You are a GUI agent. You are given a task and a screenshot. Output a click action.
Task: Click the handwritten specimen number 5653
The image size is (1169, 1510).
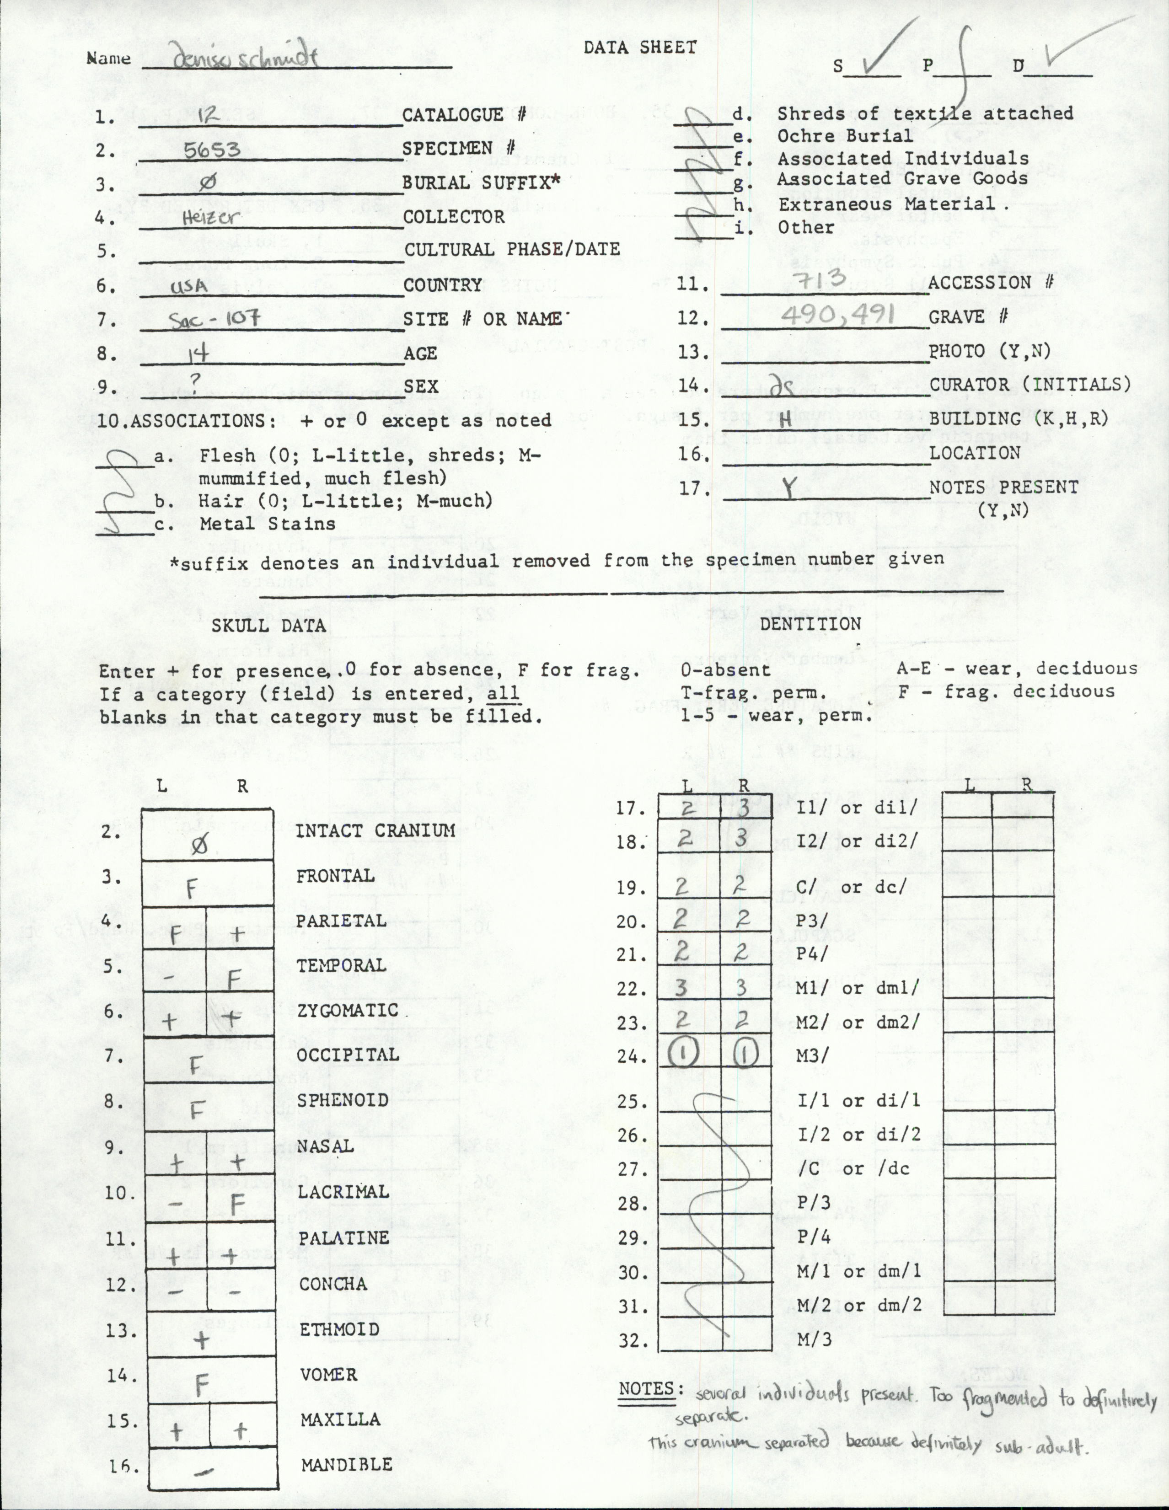coord(212,150)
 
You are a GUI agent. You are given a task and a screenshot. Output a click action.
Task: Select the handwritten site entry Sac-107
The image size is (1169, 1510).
coord(215,319)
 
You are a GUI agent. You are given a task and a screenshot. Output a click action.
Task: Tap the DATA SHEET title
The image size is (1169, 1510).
coord(639,47)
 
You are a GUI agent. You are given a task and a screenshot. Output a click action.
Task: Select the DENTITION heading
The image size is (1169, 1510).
coord(810,624)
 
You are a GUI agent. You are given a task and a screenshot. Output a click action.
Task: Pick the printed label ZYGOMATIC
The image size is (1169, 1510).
coord(348,1010)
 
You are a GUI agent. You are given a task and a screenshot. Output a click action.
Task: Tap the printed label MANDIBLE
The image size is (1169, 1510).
coord(346,1464)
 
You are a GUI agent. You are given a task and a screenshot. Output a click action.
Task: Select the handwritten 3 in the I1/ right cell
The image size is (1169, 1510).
coord(742,808)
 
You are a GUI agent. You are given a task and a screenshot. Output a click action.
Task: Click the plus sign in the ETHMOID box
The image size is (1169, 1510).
coord(201,1341)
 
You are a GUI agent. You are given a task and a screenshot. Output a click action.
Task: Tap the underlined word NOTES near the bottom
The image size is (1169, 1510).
coord(646,1388)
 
